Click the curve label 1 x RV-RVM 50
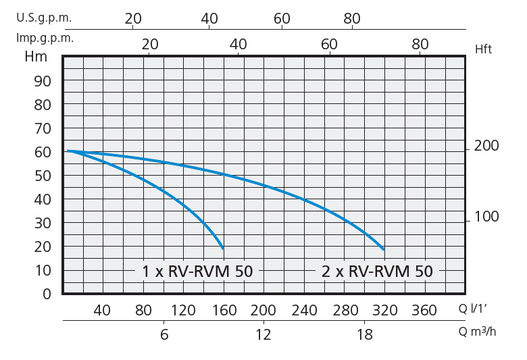[x=197, y=272]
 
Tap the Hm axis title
[x=36, y=57]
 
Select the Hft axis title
[x=484, y=49]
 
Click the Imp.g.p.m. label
[x=45, y=38]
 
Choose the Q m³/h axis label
[x=478, y=332]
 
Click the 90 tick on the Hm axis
[x=43, y=81]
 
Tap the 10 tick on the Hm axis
[x=43, y=270]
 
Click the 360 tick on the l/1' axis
[x=424, y=311]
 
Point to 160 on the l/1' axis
[x=224, y=311]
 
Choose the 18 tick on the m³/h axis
[x=365, y=334]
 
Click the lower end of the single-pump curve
[x=222, y=248]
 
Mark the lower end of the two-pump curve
[x=383, y=249]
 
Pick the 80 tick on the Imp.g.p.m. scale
[x=420, y=44]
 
